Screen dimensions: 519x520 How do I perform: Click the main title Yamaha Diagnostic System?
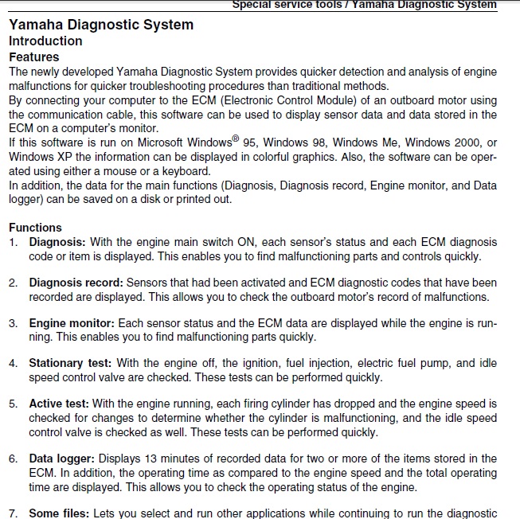coord(101,25)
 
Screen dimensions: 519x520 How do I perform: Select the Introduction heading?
coord(45,41)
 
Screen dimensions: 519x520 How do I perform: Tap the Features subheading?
coord(33,57)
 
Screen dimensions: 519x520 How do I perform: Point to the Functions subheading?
coord(35,228)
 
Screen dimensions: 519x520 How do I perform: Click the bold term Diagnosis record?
coord(76,283)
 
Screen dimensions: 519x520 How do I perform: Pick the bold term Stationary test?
coord(70,364)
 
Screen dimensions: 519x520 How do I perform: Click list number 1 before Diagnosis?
coord(13,242)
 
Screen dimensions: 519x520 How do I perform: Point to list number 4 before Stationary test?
coord(13,364)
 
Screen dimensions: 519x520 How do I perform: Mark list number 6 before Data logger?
coord(13,459)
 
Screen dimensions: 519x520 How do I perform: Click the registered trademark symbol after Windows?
coord(236,139)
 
